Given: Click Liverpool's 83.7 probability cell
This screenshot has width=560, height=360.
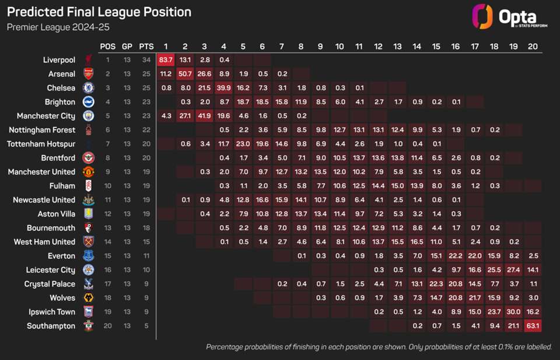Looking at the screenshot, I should point(166,60).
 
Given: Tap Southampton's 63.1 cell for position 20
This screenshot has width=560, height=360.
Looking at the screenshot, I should point(532,326).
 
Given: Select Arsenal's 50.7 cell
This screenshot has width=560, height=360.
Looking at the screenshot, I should point(185,74).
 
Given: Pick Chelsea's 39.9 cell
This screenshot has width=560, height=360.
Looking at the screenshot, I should point(224,88).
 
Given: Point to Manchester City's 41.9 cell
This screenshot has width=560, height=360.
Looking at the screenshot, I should point(204,116).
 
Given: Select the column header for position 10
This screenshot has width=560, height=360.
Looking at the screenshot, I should point(339,46).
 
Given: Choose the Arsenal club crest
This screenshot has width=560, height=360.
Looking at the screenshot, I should point(88,74).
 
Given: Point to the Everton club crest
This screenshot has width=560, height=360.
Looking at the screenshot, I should point(88,256).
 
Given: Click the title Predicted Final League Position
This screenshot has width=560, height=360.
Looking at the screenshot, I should point(99,12).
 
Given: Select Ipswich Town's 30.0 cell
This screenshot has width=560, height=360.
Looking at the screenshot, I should point(513,312).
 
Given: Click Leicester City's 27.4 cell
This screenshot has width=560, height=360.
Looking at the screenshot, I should point(513,270).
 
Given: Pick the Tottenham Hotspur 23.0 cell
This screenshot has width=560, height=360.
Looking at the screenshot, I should point(243,144).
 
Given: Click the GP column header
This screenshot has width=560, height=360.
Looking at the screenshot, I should point(127,46).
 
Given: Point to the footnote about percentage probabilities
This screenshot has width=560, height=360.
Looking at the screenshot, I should point(379,347).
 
